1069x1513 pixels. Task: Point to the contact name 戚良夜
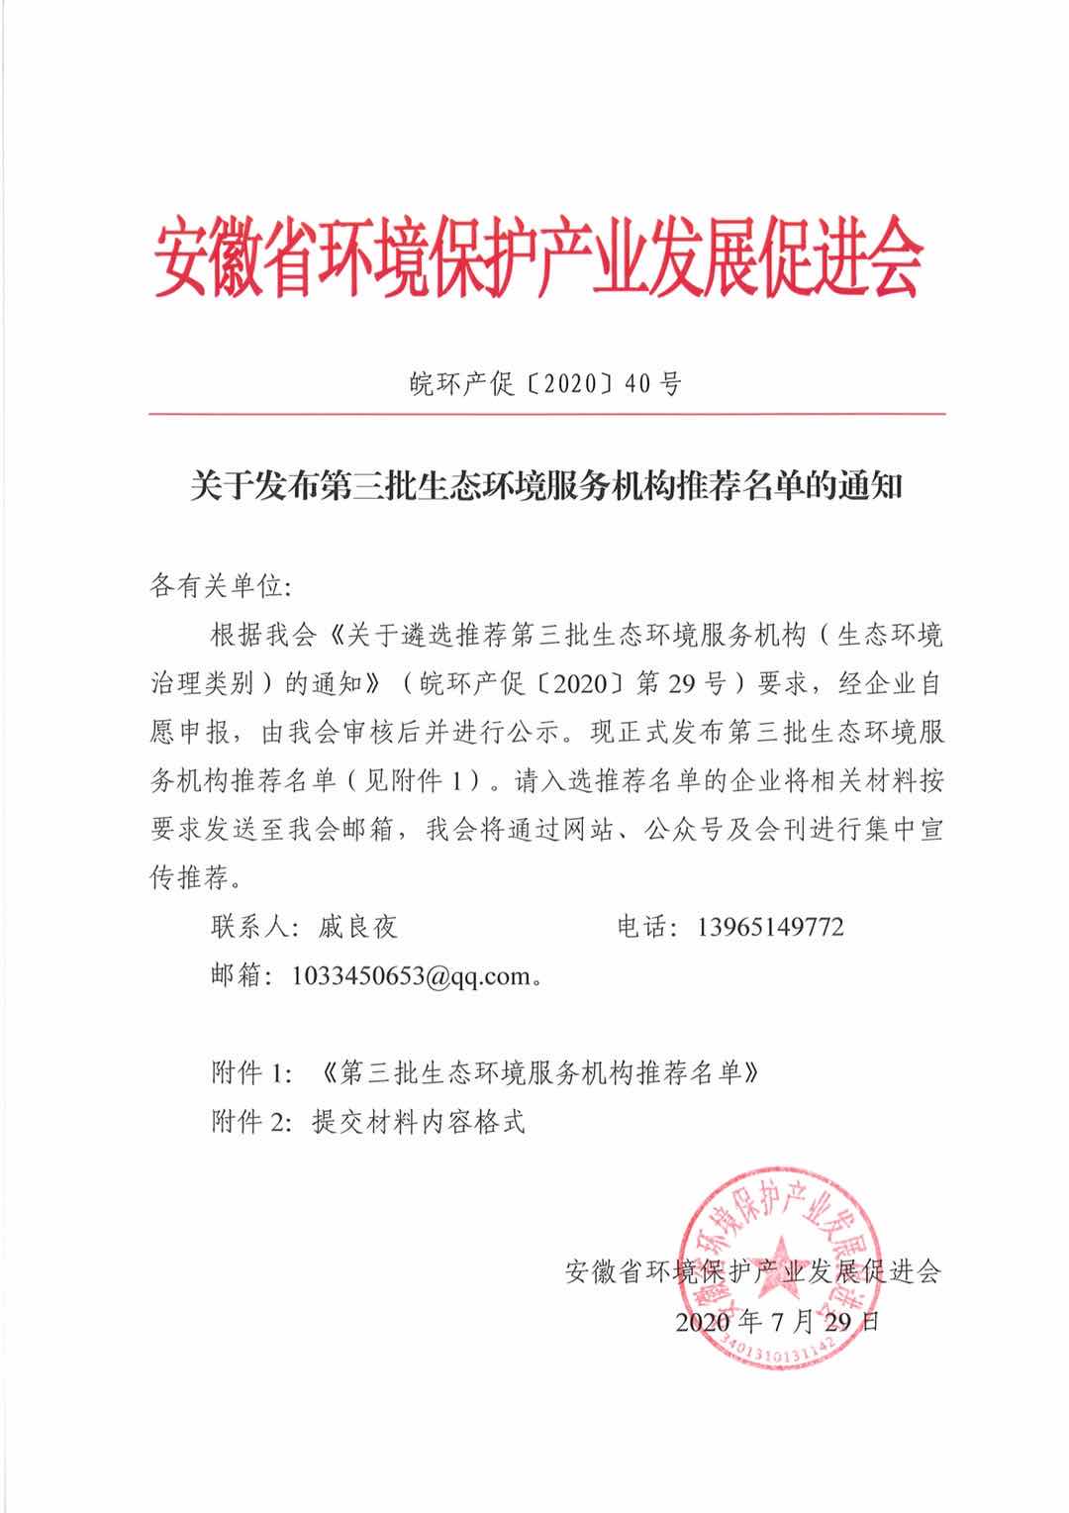[357, 927]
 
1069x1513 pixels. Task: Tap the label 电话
[644, 927]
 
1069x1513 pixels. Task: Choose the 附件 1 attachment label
[251, 1072]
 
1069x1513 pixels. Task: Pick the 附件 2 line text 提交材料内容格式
[416, 1122]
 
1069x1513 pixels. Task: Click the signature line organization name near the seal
[752, 1271]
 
